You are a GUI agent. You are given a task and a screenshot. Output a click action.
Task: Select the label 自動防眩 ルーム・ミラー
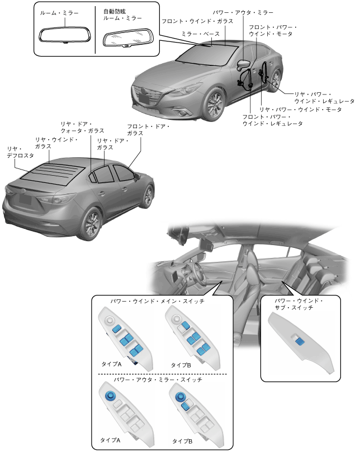pos(121,15)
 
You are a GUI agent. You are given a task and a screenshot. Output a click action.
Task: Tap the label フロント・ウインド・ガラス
pos(198,21)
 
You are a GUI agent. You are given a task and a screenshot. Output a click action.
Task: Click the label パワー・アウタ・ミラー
pos(242,12)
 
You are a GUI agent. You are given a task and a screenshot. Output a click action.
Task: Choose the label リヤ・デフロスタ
pos(20,152)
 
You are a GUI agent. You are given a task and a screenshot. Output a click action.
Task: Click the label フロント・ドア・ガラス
pos(148,130)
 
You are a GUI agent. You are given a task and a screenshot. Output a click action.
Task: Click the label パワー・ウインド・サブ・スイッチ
pos(299,304)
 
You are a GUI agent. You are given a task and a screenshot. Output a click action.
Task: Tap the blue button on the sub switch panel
pos(301,340)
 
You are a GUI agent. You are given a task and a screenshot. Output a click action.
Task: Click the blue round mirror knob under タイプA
pos(110,396)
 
